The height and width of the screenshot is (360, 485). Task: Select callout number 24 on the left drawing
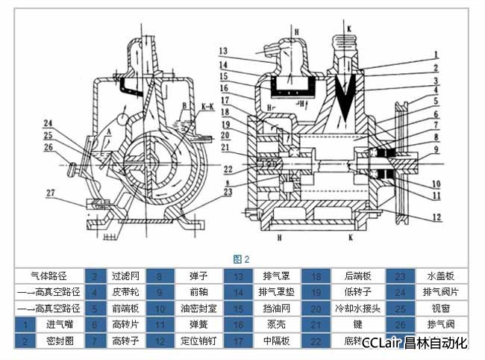(x=47, y=123)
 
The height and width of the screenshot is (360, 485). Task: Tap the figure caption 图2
(x=241, y=259)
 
